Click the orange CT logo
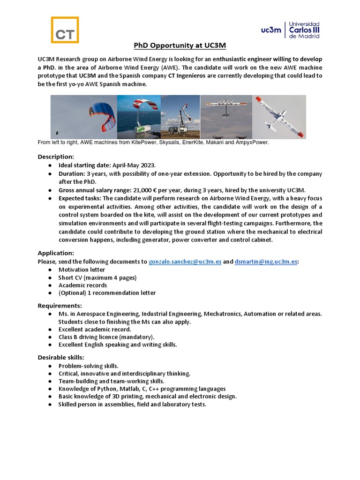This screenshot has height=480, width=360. click(x=65, y=30)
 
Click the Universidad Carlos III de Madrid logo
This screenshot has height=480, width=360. click(x=291, y=30)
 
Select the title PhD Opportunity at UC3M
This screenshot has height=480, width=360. click(x=180, y=45)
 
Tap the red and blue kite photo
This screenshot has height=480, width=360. click(x=83, y=117)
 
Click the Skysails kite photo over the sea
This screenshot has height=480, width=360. click(x=139, y=117)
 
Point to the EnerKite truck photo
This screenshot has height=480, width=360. click(x=180, y=117)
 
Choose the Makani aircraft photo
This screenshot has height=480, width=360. click(x=226, y=117)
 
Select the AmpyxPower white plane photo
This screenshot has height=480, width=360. click(x=279, y=117)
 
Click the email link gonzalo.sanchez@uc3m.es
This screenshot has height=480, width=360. click(x=185, y=262)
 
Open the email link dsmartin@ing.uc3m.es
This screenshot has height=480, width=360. click(x=266, y=262)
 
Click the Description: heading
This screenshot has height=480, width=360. click(x=56, y=157)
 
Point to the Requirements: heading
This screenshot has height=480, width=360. click(x=60, y=306)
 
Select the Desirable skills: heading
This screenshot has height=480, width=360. click(x=61, y=358)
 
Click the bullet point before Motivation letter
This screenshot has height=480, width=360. click(x=50, y=270)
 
